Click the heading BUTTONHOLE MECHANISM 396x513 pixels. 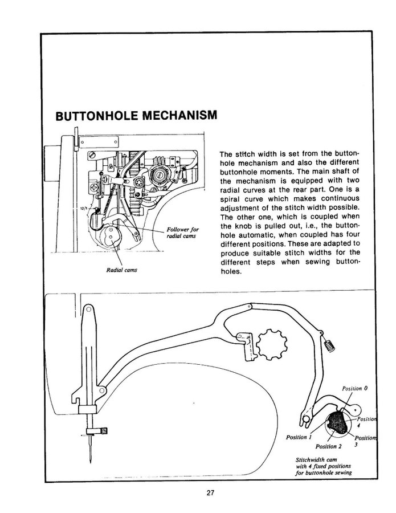tap(136, 116)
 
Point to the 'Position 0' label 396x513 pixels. tap(354, 388)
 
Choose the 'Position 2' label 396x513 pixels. tap(328, 446)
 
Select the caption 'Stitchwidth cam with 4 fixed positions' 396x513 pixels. tap(322, 466)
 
